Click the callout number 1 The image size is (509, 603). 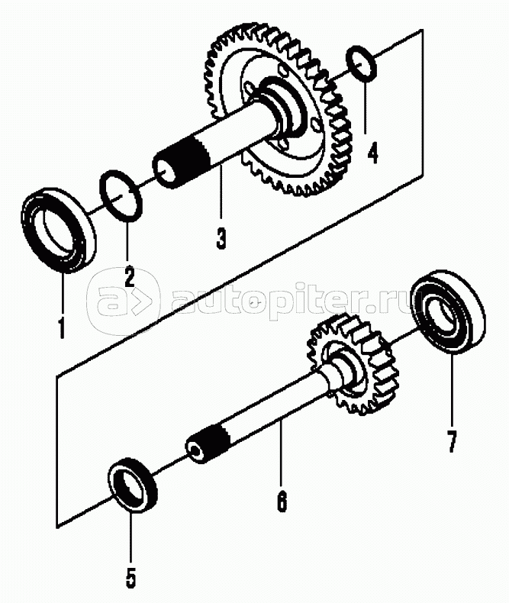[x=60, y=327]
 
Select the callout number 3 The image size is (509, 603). [x=221, y=238]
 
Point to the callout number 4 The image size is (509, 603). [x=372, y=153]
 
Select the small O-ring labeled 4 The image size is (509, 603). [x=361, y=63]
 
